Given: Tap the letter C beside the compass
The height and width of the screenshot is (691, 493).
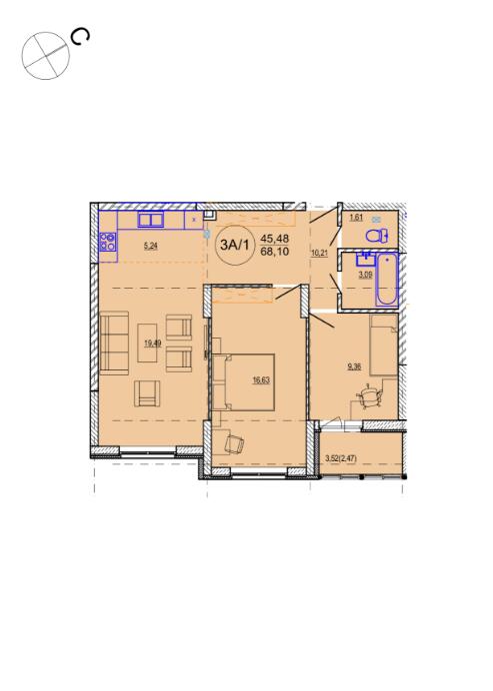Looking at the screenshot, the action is point(81,37).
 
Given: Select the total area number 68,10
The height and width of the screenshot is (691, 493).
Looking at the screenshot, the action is point(275,252).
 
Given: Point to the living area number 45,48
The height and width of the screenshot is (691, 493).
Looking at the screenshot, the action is point(275,239).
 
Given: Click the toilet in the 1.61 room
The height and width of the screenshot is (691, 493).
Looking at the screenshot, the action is point(376,236).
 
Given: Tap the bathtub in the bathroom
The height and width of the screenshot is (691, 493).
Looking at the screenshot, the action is point(387,280).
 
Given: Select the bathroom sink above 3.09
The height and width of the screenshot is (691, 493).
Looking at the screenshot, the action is point(365,260).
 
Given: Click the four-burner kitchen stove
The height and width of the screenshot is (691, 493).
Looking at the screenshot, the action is point(108,242).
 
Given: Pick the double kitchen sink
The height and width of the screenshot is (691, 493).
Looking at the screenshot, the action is point(151,220).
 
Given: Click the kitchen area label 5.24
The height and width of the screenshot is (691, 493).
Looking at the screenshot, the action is point(151,247).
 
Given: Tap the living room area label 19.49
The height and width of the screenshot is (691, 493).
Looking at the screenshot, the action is point(153,343).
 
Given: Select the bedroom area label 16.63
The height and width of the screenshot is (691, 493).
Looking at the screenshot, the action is point(261,379).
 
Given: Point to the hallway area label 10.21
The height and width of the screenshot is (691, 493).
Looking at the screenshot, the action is point(321,254).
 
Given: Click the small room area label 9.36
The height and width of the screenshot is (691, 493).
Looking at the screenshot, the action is point(354,366).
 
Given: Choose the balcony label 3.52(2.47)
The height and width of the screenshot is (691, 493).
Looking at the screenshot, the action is point(340,458).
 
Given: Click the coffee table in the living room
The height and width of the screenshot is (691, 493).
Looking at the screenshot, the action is point(147,344).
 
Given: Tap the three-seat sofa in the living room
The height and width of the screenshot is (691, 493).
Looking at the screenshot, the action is point(114,343).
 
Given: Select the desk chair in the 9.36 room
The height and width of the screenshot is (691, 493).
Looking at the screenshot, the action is point(369,397).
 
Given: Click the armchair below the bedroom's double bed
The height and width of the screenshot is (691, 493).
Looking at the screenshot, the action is point(234,443).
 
